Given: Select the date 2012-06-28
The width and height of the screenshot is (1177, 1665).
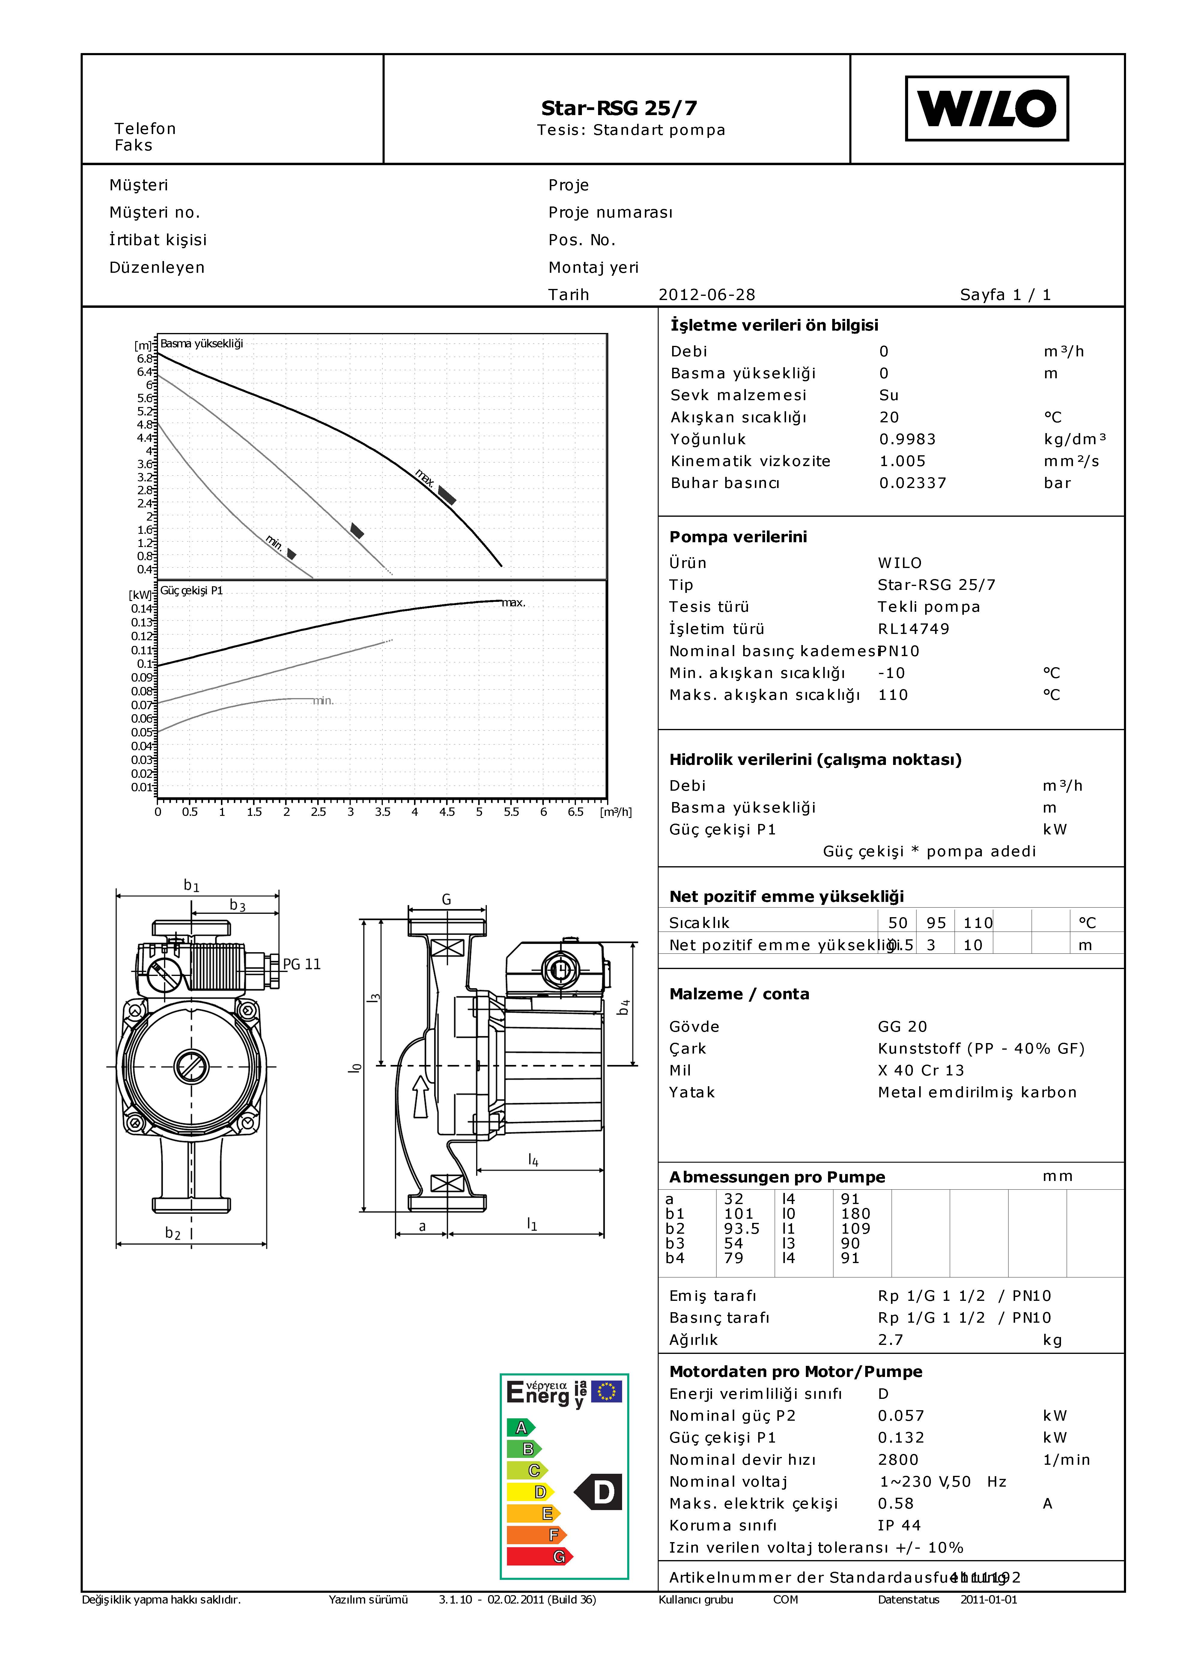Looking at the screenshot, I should point(706,294).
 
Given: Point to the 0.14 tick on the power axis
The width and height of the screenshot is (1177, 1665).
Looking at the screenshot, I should point(142,608).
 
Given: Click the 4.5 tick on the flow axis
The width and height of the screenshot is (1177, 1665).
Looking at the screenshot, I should point(447,811).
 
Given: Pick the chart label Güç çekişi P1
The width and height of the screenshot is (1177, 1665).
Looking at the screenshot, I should point(192,590).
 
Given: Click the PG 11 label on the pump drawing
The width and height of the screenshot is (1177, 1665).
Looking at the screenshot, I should point(302,964).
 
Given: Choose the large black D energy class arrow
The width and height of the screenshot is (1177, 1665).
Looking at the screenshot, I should point(599,1492).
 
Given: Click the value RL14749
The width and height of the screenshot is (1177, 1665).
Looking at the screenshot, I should point(913,629).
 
